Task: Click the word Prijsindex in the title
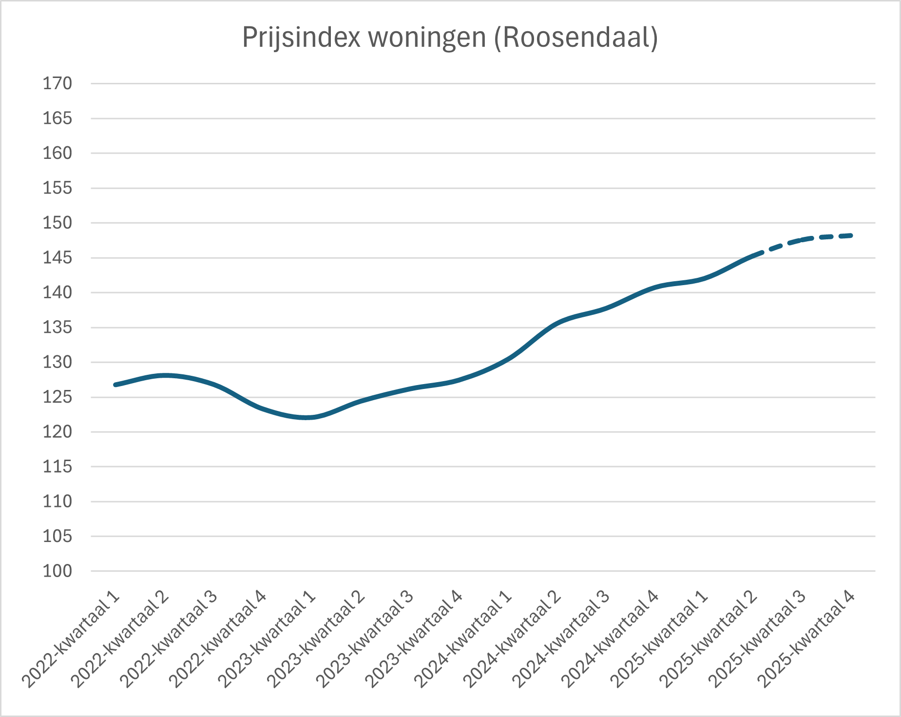pos(301,38)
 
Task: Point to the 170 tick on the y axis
pos(58,84)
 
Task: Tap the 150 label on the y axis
pos(58,223)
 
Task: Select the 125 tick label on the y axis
pos(58,397)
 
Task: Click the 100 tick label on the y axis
pos(58,571)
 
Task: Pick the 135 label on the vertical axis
pos(58,328)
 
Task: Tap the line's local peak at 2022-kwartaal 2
pos(165,375)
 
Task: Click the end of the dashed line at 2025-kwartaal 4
pos(851,235)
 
